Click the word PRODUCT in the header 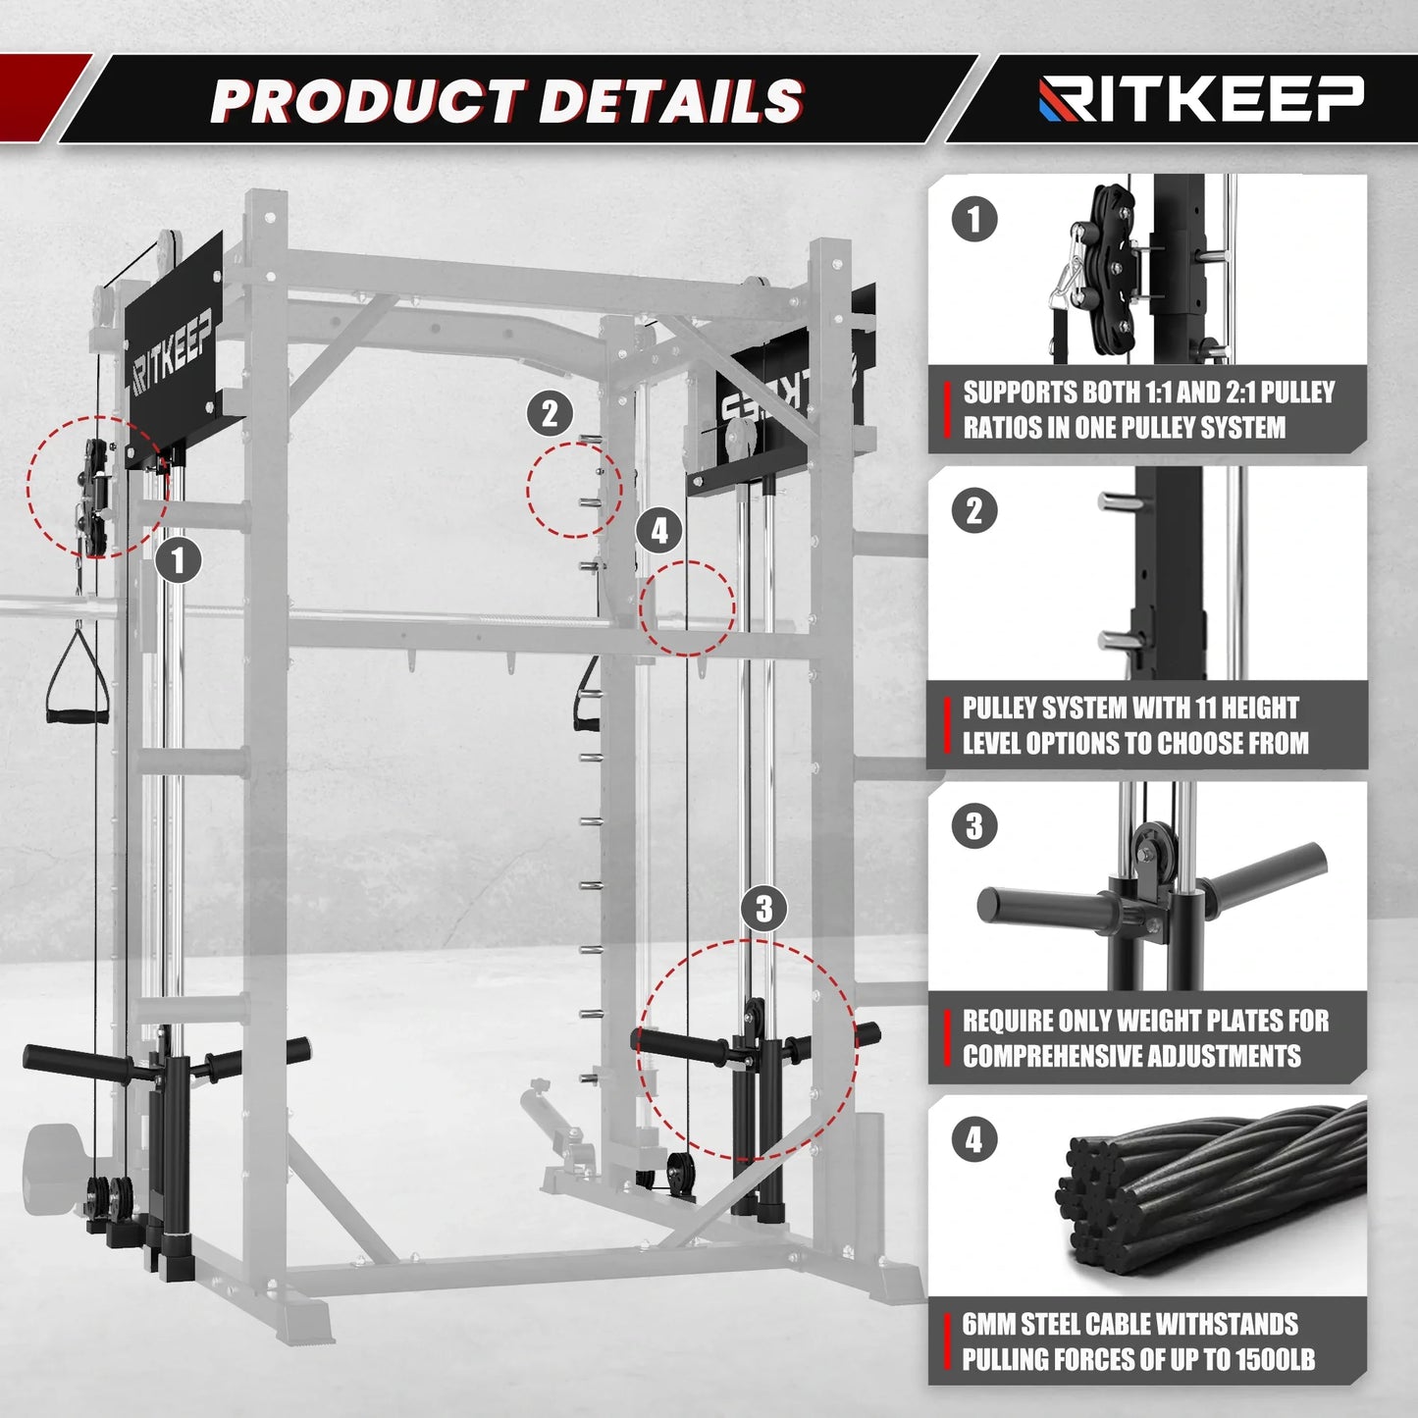point(368,101)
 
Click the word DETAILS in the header point(671,101)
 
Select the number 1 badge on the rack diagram point(178,561)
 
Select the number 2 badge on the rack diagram point(550,413)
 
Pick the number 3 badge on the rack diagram point(764,909)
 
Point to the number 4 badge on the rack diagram point(659,531)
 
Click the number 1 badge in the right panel point(974,219)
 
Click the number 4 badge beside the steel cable point(974,1139)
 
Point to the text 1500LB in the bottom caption point(1275,1359)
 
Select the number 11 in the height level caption point(1206,708)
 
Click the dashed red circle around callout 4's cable point(687,608)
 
